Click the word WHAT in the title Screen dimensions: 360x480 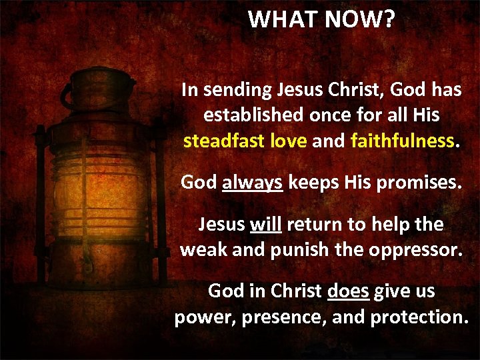283,19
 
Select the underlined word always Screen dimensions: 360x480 253,183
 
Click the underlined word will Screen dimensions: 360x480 265,224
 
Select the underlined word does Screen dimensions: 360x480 349,291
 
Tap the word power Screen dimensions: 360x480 204,317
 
